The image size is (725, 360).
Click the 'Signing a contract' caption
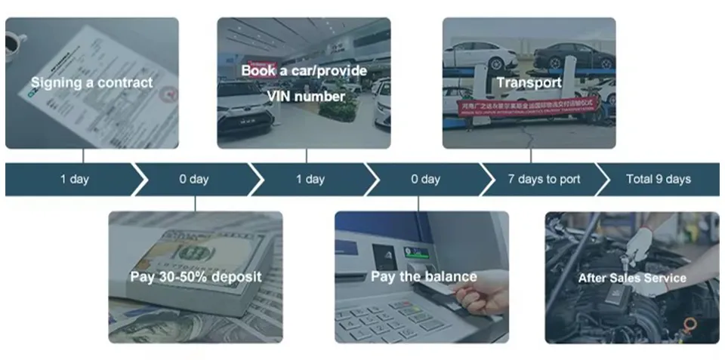click(91, 82)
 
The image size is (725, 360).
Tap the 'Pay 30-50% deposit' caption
click(196, 277)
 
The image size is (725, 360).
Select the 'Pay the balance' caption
click(424, 276)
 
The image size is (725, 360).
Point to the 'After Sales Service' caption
click(632, 278)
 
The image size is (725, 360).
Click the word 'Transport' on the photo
click(529, 82)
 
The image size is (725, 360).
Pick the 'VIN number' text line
click(305, 96)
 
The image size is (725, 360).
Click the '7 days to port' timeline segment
click(544, 180)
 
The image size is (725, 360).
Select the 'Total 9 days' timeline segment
click(659, 180)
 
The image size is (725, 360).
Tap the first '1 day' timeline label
click(75, 180)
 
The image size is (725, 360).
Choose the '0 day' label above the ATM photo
click(425, 180)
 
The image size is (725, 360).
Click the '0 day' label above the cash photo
click(193, 180)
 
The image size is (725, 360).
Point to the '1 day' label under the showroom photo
click(310, 180)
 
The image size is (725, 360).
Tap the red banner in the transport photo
click(529, 108)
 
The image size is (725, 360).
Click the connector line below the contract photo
click(83, 155)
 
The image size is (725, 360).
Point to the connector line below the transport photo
click(531, 155)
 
